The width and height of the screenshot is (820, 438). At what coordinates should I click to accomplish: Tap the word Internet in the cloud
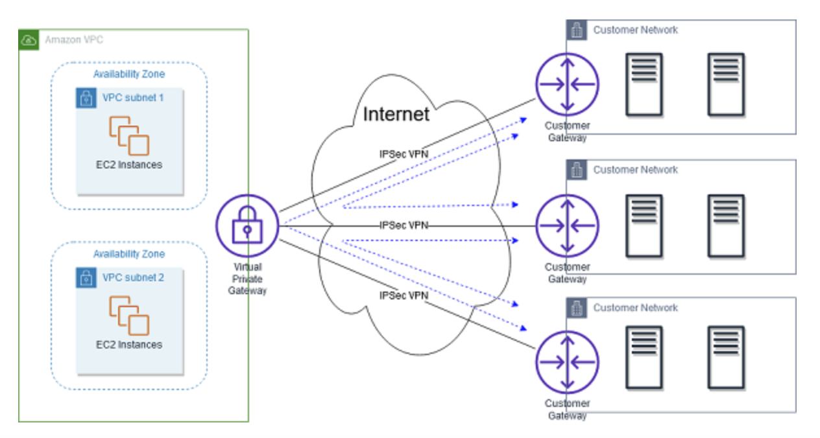click(x=396, y=115)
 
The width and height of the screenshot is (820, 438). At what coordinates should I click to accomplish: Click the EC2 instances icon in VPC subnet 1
click(x=129, y=135)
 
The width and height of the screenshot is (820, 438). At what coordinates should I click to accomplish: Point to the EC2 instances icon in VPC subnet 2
click(x=129, y=315)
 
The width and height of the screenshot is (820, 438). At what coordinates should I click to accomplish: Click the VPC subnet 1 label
click(x=133, y=98)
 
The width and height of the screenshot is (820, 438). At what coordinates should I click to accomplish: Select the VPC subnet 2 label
click(x=133, y=278)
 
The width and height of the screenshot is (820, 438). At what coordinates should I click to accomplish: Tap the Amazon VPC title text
click(x=74, y=40)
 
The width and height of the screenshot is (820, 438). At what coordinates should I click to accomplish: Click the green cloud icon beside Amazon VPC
click(x=29, y=40)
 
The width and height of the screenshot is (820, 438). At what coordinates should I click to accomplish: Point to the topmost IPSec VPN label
click(x=404, y=155)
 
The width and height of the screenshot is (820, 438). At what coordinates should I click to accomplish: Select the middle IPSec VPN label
click(x=404, y=225)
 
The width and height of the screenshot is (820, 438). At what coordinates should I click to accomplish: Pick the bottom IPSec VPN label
click(x=404, y=295)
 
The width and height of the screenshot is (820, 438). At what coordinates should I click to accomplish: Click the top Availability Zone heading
click(x=128, y=74)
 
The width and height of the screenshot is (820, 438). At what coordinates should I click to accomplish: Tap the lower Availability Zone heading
click(x=128, y=254)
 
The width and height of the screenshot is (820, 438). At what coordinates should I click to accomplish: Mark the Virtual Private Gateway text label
click(x=247, y=279)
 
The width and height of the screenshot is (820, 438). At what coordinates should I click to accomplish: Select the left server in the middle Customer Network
click(x=644, y=225)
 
